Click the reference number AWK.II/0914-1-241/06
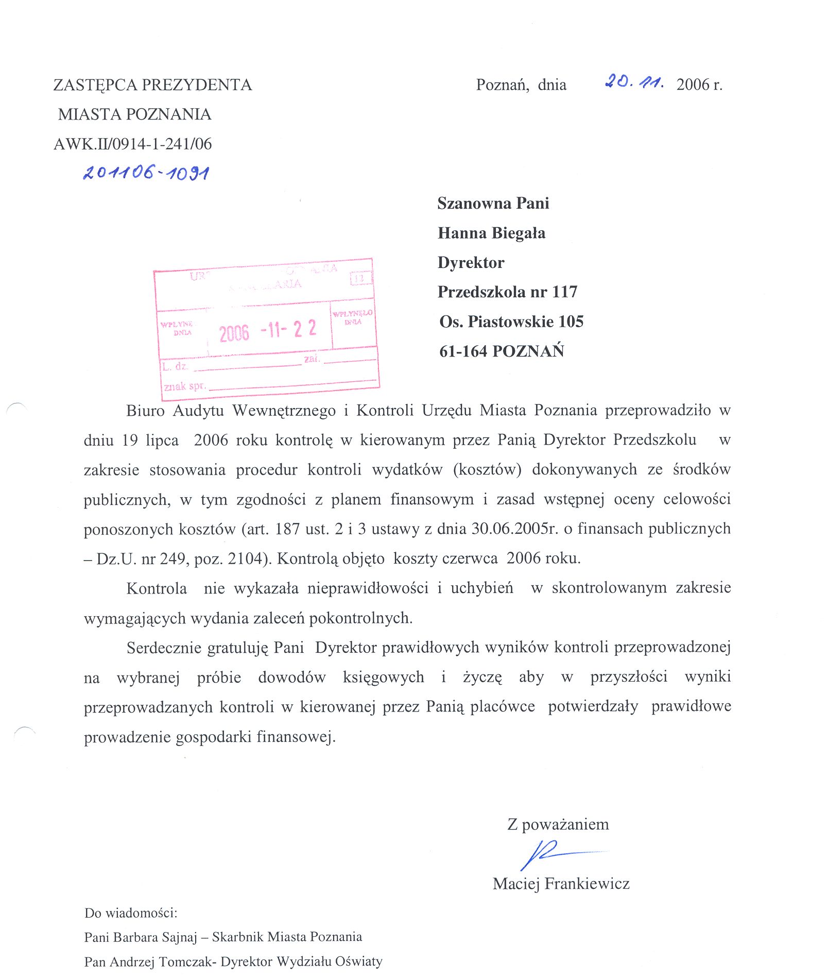132,144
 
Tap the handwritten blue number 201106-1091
146,173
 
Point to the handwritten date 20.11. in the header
634,81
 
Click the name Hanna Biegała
491,233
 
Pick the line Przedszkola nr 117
507,292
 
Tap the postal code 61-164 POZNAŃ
502,351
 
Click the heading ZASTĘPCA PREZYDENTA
152,85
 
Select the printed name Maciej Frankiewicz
561,884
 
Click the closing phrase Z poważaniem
558,824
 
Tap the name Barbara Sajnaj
155,937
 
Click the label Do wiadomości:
131,913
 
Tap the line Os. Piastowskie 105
511,322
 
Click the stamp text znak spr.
184,386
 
